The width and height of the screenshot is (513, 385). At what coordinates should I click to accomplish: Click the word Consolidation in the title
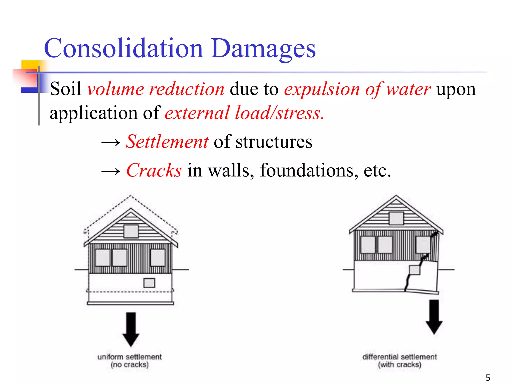click(123, 48)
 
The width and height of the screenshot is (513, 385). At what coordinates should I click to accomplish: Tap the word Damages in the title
click(263, 49)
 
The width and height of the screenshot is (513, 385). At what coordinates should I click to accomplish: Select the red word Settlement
click(167, 142)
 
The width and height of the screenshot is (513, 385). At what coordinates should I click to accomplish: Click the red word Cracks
click(154, 170)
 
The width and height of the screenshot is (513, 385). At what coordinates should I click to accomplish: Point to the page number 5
click(488, 377)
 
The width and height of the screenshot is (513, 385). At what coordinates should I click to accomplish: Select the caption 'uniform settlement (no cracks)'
click(130, 360)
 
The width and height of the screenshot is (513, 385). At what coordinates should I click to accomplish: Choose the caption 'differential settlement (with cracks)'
click(400, 360)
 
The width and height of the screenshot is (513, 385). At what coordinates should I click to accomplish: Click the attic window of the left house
click(131, 231)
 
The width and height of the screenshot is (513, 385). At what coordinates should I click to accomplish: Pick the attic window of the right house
click(396, 218)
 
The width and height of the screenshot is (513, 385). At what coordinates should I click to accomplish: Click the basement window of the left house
click(149, 283)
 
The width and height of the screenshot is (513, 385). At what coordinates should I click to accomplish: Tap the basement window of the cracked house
click(414, 270)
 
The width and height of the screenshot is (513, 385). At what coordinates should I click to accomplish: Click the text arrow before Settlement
click(110, 143)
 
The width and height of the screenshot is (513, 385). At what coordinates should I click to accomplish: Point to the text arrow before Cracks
click(110, 171)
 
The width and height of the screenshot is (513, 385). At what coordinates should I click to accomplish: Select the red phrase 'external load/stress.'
click(244, 113)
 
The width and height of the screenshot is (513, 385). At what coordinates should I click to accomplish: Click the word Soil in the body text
click(65, 89)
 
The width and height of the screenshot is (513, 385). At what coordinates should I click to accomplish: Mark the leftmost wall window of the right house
click(368, 245)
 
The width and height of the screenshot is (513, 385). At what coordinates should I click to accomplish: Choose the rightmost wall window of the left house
click(158, 257)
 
